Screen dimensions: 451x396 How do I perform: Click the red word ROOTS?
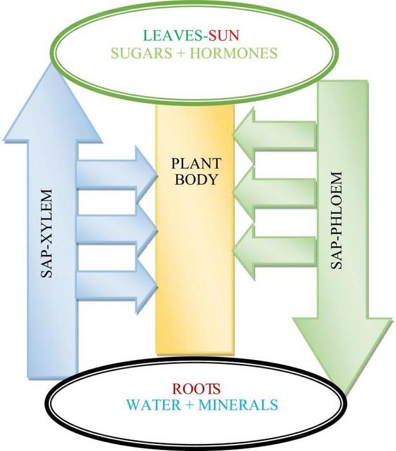(x=197, y=389)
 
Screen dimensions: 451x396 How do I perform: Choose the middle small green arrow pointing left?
(x=274, y=191)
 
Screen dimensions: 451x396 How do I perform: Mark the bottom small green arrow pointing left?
(x=274, y=248)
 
